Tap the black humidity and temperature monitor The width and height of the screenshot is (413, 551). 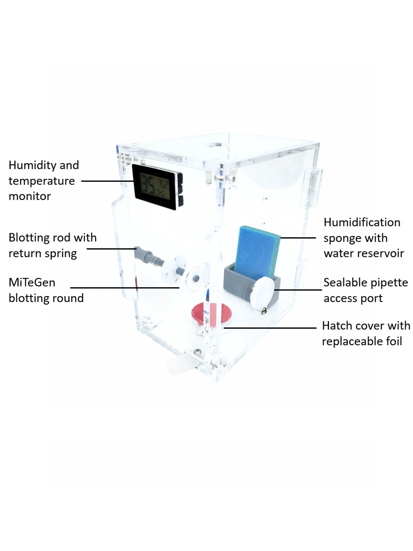point(157,186)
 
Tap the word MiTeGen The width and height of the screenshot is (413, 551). point(32,282)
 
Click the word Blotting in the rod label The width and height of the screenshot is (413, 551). point(29,238)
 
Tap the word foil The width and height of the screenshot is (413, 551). point(394,341)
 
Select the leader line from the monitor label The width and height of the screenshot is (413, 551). point(107,181)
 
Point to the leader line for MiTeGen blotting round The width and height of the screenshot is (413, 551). point(124,288)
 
